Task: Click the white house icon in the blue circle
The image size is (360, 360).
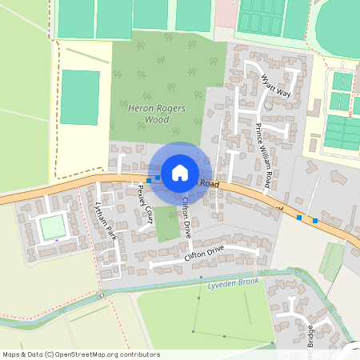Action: point(180,171)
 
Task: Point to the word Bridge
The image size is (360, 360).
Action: point(309,339)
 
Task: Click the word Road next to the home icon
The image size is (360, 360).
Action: point(210,184)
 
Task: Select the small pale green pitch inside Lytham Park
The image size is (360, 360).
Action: point(52,227)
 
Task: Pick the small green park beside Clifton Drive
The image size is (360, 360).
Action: point(166,224)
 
